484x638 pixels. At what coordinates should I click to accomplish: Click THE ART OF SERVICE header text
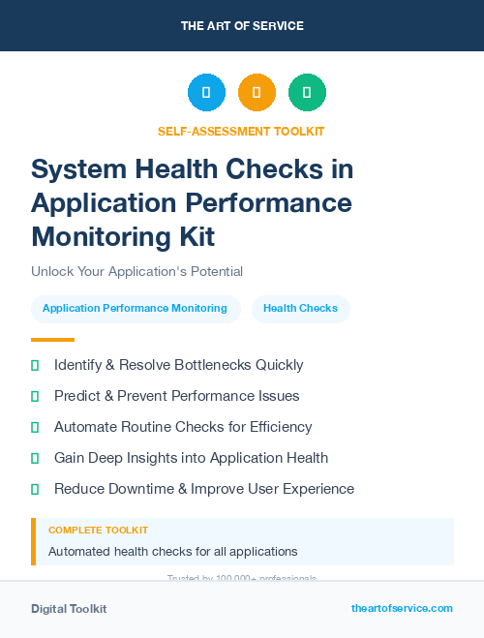coord(242,26)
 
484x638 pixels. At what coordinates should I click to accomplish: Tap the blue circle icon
coord(206,92)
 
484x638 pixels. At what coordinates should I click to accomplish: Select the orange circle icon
coord(257,92)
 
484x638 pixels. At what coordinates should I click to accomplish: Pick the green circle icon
coord(307,92)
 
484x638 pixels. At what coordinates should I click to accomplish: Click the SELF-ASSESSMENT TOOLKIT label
coord(241,131)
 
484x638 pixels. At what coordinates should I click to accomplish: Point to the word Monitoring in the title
coord(94,235)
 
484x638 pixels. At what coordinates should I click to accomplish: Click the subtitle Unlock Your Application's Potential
coord(136,271)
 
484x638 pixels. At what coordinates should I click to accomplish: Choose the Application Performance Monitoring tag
coord(135,309)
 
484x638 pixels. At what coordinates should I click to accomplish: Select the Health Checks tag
coord(300,309)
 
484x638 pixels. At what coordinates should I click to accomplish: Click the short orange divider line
coord(52,340)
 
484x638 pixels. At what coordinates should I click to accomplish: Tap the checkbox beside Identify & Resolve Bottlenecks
coord(35,365)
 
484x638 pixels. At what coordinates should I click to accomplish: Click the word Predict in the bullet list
coord(77,396)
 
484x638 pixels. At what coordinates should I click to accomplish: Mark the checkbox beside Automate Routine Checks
coord(35,427)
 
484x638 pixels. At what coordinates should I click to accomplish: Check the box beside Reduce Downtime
coord(35,489)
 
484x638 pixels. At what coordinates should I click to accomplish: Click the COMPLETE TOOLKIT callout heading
coord(98,531)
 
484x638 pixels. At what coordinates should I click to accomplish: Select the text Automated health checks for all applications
coord(172,552)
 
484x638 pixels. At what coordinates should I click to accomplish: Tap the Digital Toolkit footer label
coord(69,608)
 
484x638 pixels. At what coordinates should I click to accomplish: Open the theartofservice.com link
coord(402,608)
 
